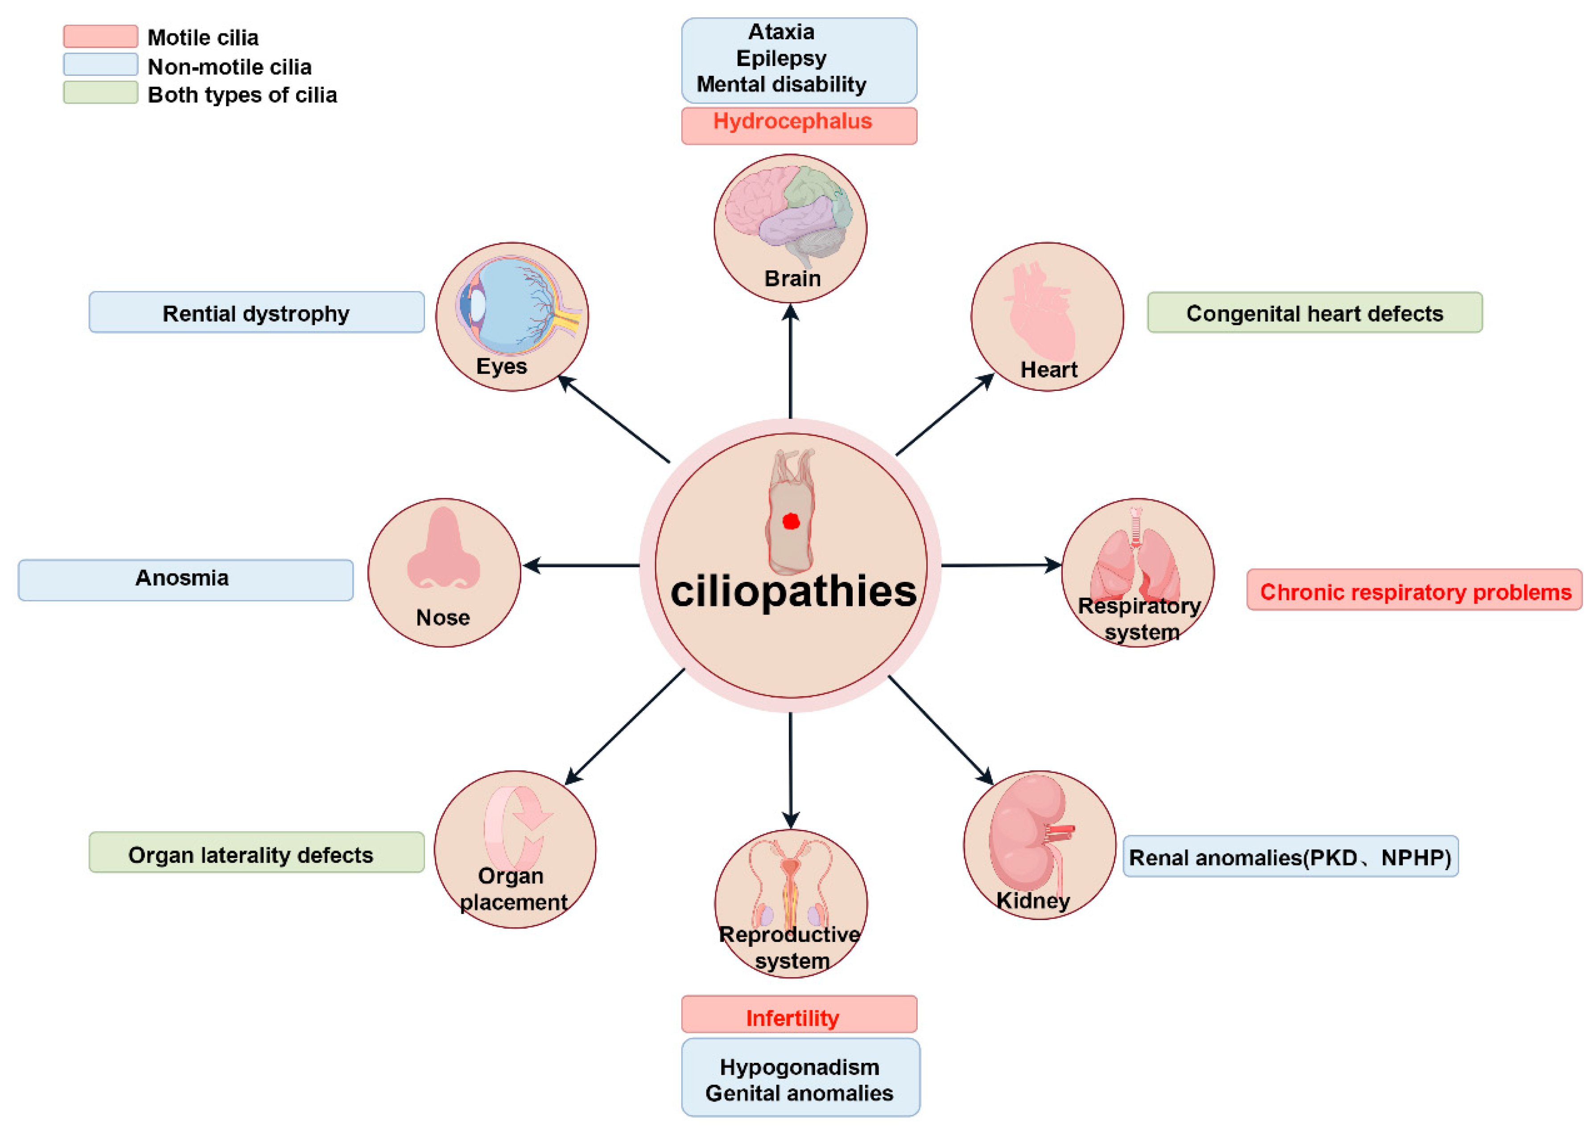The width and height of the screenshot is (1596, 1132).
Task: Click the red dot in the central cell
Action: click(x=791, y=522)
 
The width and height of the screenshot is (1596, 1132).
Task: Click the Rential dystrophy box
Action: click(x=256, y=312)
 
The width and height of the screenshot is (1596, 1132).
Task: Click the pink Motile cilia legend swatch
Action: click(x=100, y=36)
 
